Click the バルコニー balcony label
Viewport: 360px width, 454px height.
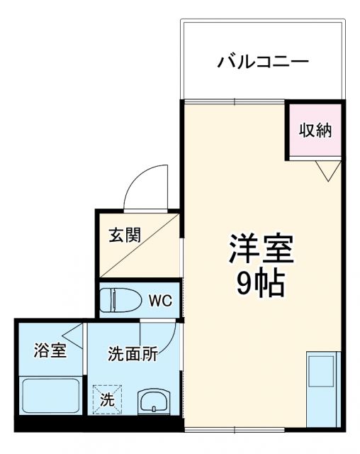tap(262, 62)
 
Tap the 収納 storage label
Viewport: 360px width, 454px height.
tap(315, 130)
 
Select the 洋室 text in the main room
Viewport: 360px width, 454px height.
tap(260, 250)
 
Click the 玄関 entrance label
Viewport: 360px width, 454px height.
tap(124, 235)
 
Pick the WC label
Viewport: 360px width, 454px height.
tap(159, 300)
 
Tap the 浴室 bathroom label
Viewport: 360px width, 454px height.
tap(50, 350)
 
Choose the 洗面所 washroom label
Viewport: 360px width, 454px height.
tap(133, 354)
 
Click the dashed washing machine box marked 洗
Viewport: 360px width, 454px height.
tap(106, 399)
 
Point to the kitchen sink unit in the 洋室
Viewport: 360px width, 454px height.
tap(322, 388)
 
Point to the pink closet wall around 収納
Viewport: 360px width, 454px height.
tap(288, 132)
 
